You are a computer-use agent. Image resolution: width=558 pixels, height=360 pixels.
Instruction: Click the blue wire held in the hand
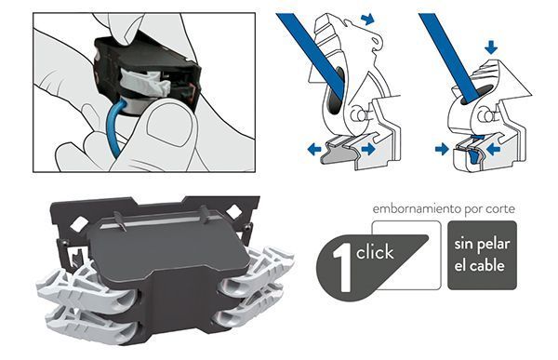tap(114, 128)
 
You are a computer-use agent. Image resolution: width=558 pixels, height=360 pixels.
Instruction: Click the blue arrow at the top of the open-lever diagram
tap(367, 19)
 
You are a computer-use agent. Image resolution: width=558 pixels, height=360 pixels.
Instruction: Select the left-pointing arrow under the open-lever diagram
tap(314, 149)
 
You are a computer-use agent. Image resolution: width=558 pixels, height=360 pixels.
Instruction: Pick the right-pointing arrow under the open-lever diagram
tap(368, 149)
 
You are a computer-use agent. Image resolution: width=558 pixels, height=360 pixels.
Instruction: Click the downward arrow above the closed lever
tap(491, 47)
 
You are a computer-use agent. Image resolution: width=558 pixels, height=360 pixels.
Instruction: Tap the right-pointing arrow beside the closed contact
tap(442, 149)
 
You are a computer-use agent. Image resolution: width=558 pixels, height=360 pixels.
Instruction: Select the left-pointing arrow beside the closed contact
tap(493, 149)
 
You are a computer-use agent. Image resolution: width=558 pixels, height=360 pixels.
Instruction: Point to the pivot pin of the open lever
tap(356, 115)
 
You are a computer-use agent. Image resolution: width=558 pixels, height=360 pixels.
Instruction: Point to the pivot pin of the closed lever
tap(485, 115)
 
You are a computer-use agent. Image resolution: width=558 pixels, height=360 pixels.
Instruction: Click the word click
tap(375, 252)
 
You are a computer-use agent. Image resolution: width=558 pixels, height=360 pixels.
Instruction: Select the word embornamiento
tap(416, 208)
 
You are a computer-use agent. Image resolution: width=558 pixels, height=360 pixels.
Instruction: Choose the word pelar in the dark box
tap(493, 245)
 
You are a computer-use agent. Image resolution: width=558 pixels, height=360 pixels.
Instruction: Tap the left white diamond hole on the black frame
tap(79, 223)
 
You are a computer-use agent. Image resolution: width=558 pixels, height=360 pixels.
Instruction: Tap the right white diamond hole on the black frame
tap(234, 212)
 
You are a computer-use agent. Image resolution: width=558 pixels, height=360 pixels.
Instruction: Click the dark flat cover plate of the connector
tap(167, 246)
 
